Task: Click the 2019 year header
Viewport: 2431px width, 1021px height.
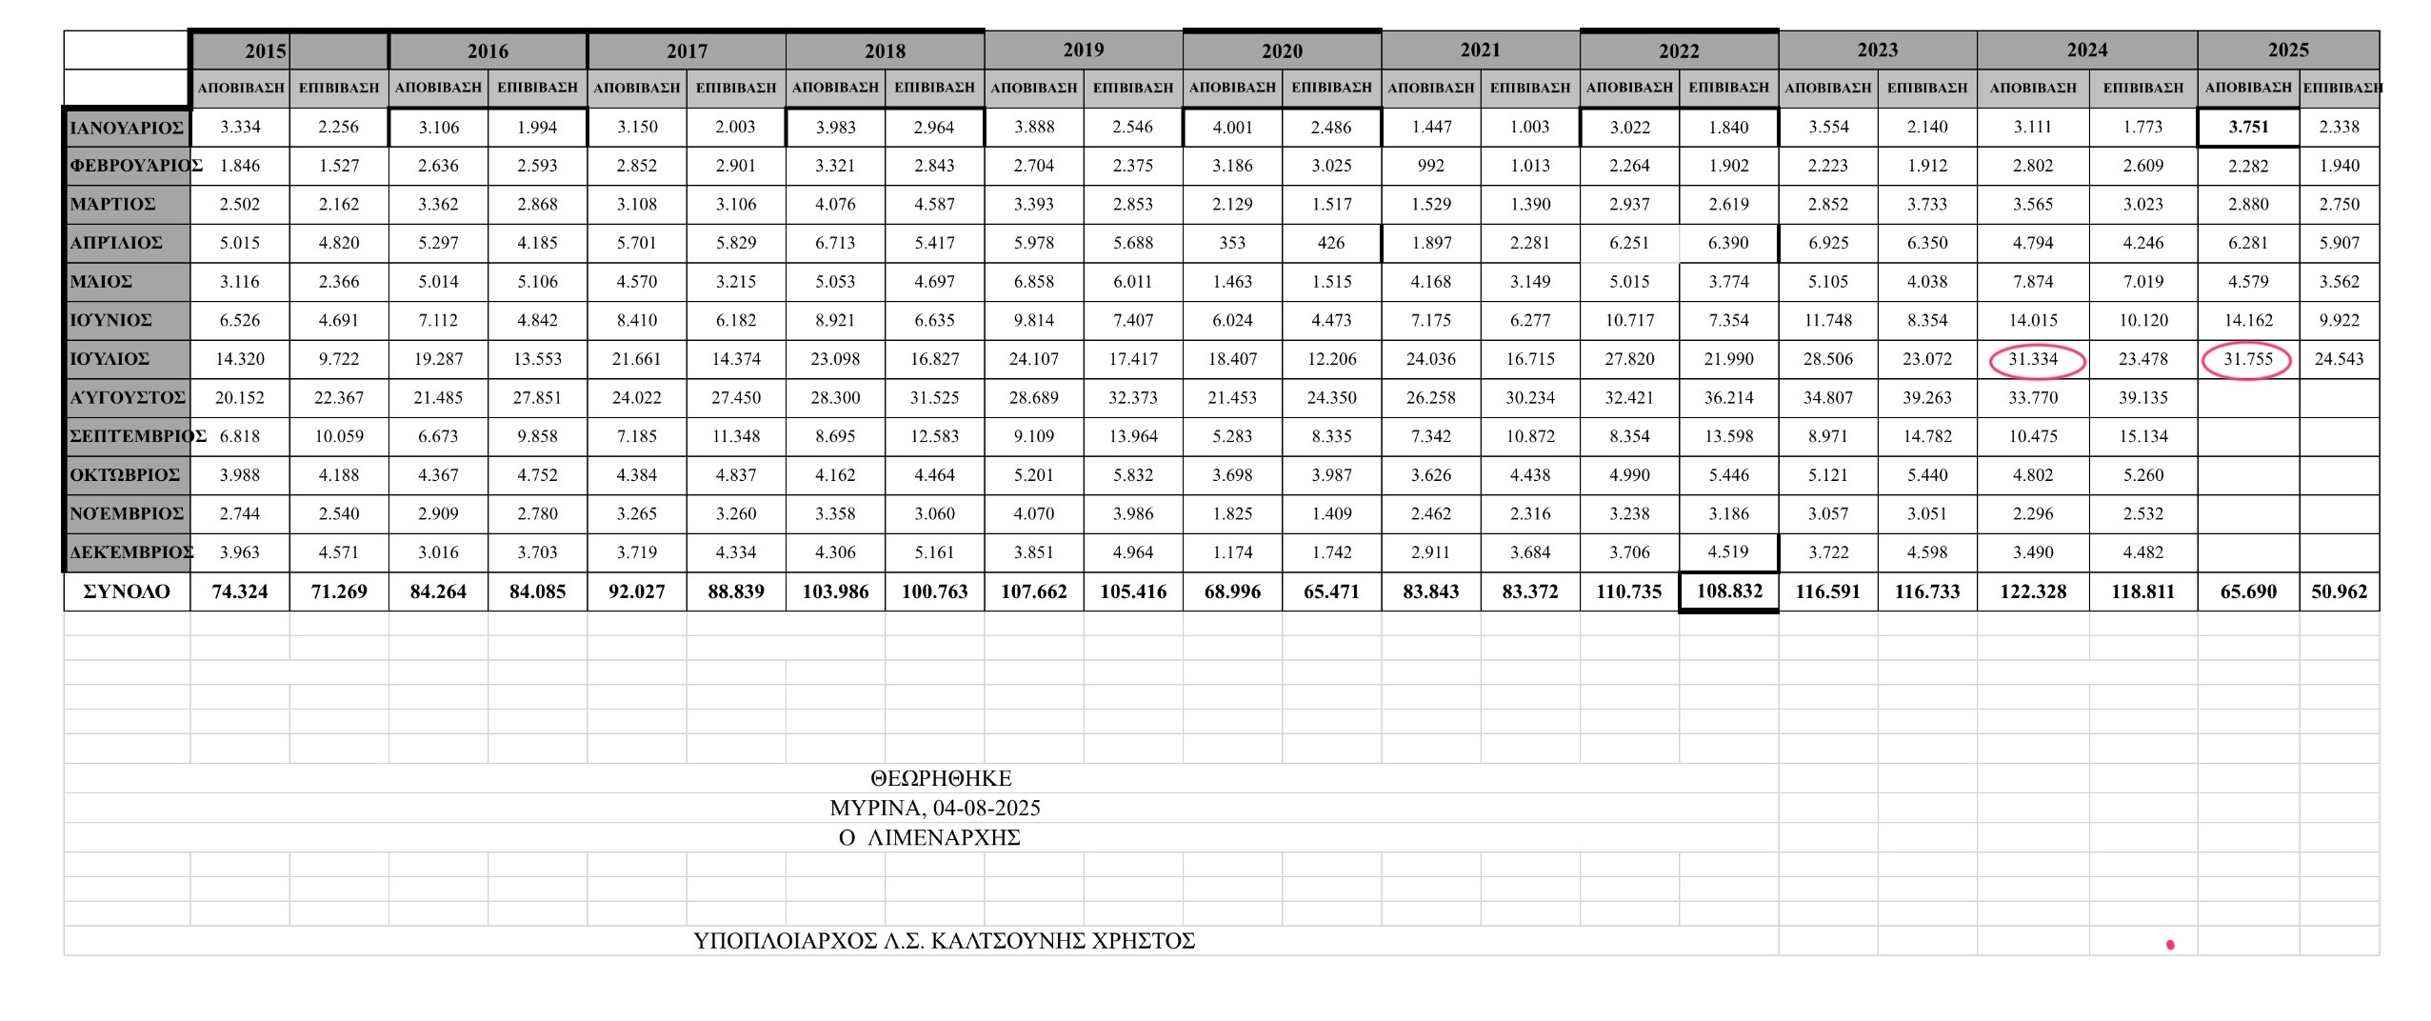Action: pos(1083,50)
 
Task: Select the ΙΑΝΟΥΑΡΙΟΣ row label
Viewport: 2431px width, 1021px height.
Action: pos(127,128)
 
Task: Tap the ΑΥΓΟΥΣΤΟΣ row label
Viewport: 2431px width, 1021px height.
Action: pos(127,397)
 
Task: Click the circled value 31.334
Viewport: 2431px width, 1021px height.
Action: pos(2033,359)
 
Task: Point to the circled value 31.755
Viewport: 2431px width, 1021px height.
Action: pos(2247,359)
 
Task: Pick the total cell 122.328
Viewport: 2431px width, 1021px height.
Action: pos(2033,591)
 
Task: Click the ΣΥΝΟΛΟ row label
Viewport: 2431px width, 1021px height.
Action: pos(127,591)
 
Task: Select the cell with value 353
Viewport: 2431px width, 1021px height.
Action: pos(1232,243)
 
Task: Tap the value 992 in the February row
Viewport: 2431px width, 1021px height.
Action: pos(1430,166)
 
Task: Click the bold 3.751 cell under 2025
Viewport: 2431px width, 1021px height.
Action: pos(2248,127)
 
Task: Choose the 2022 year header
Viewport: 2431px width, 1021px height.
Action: pos(1679,50)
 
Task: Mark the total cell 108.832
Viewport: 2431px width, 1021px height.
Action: pos(1729,591)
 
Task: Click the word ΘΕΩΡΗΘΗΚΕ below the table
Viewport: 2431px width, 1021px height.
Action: pos(941,778)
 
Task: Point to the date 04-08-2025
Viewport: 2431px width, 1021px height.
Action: pos(986,808)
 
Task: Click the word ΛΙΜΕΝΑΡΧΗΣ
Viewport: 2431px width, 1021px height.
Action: pos(944,838)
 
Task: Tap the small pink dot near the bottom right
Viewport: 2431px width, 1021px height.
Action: pos(2170,945)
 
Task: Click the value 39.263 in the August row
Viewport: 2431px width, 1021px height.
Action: pos(1927,397)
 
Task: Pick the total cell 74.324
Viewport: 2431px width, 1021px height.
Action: pos(240,591)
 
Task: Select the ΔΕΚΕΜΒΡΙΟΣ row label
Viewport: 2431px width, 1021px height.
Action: pos(130,552)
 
